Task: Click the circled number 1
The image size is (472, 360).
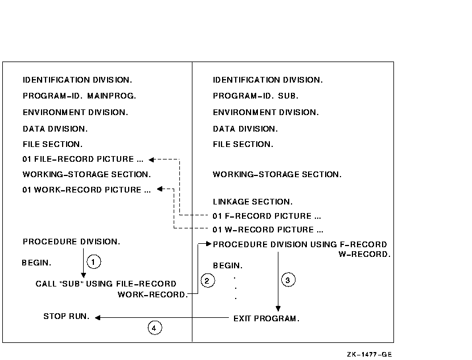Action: pos(94,262)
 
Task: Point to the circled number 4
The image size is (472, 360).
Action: pos(154,328)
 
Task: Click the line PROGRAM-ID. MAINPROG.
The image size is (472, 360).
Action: pos(79,96)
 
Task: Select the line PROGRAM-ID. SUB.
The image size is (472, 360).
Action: pos(256,96)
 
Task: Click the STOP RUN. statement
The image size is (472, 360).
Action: pos(67,316)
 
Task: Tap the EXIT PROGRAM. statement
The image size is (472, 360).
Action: pos(266,318)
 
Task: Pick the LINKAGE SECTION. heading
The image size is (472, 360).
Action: pos(253,202)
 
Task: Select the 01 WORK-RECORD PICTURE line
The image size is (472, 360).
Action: pos(87,190)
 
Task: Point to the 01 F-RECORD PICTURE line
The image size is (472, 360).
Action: pos(267,216)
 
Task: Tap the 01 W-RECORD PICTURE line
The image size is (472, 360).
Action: pos(268,230)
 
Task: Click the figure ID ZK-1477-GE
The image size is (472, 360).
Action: pos(370,354)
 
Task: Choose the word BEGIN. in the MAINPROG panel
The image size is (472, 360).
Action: pos(36,263)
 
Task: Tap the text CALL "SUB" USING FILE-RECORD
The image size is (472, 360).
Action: pos(106,284)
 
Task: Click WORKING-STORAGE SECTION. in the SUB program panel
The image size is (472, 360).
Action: pos(277,174)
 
